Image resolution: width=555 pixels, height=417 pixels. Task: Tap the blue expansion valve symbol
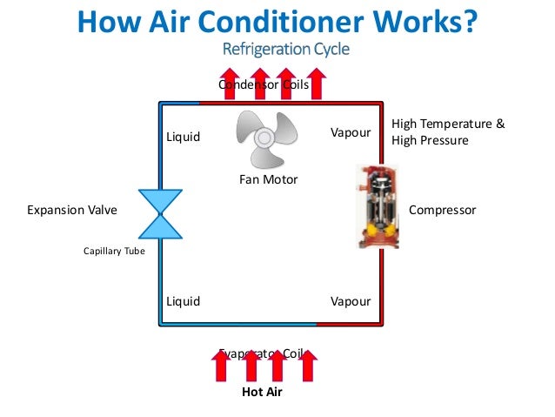coord(161,213)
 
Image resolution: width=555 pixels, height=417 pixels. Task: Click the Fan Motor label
coord(268,179)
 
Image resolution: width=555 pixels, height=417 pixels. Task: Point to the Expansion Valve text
coord(72,211)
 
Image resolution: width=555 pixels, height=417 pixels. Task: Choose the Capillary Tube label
coord(114,252)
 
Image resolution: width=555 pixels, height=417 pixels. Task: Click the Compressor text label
coord(442,211)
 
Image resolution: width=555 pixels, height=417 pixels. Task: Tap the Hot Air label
coord(262,392)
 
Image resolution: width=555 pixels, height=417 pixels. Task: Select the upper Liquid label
coord(183,137)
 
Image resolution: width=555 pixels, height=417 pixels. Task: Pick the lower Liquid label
coord(183,301)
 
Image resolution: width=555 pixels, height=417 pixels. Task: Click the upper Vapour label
coord(351,132)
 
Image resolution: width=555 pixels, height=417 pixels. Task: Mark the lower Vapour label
coord(351,301)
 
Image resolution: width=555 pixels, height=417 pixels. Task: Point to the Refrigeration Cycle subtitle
coord(286,49)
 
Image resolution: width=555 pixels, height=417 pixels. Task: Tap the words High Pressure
coord(431,140)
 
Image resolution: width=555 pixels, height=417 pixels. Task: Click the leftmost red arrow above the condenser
coord(230,83)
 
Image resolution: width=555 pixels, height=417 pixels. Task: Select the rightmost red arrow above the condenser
coord(317,83)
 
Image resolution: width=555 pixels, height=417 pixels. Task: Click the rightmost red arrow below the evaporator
coord(306,366)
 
